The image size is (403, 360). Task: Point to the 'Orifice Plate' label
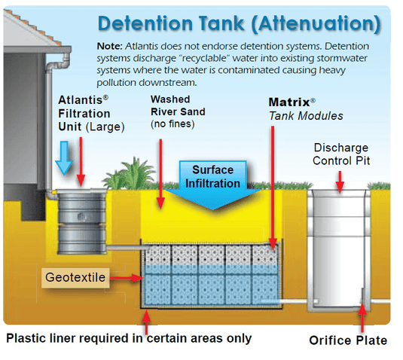348,340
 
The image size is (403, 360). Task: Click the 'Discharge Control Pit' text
340,154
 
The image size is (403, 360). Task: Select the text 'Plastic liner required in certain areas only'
129,338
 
